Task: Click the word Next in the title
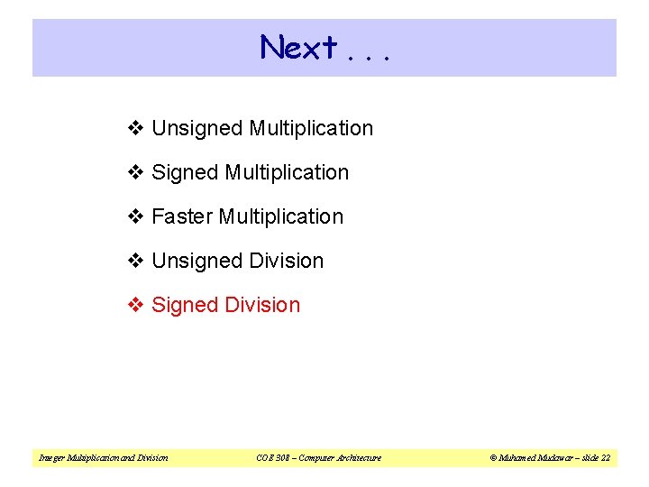click(x=298, y=47)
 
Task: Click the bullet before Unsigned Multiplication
click(x=136, y=129)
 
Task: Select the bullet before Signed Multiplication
click(x=136, y=173)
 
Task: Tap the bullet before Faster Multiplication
click(x=136, y=217)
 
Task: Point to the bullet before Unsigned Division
click(x=136, y=262)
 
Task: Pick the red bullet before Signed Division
click(x=136, y=306)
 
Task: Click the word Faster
click(x=183, y=217)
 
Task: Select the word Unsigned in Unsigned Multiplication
click(x=197, y=129)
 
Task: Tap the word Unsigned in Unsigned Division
click(x=197, y=262)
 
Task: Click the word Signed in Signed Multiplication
click(x=186, y=173)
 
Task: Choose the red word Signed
click(x=186, y=306)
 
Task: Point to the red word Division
click(x=263, y=305)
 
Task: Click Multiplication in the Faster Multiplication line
click(x=281, y=217)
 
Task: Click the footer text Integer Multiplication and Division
click(x=103, y=458)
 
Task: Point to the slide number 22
click(x=605, y=458)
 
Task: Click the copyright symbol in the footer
click(x=494, y=458)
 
